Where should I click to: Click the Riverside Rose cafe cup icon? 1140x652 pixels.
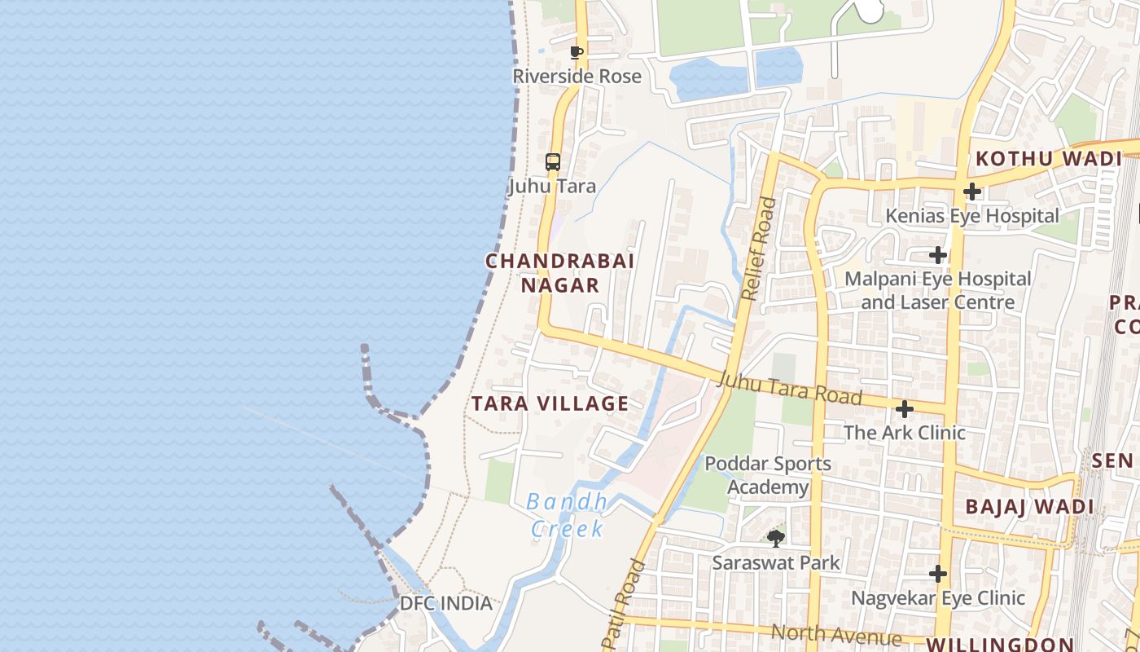tap(577, 53)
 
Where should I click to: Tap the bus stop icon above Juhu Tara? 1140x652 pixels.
tap(553, 161)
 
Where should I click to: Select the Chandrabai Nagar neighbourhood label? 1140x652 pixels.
tap(560, 273)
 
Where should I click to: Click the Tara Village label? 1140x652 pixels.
tap(550, 403)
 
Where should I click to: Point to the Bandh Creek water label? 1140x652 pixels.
tap(568, 515)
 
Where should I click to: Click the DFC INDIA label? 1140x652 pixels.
tap(446, 604)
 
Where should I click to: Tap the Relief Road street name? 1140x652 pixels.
tap(759, 249)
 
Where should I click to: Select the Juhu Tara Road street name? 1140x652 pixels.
tap(790, 389)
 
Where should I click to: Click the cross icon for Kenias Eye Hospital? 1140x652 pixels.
tap(971, 192)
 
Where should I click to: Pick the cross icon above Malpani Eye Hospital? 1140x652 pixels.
tap(938, 255)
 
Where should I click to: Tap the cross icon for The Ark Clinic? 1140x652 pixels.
tap(904, 408)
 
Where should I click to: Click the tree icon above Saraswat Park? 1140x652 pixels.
tap(776, 538)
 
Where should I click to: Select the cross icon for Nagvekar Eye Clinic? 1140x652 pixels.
tap(938, 574)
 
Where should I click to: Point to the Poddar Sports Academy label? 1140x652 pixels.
tap(768, 476)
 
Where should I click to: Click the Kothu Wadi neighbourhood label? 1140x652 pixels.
tap(1049, 159)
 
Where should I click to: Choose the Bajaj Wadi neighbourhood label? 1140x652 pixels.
tap(1029, 507)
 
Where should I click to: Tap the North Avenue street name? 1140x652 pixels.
tap(836, 634)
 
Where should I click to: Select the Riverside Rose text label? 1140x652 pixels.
tap(577, 77)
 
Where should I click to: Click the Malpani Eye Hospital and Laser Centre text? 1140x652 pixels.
tap(938, 290)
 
